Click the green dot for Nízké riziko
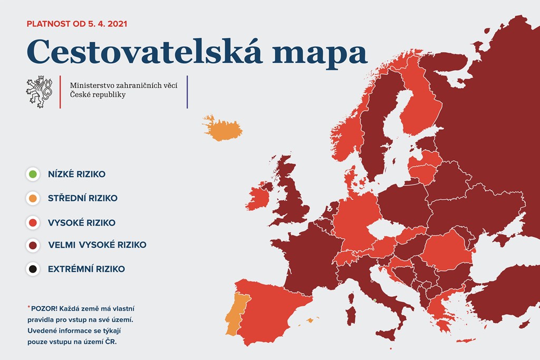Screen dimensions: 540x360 pos(33,174)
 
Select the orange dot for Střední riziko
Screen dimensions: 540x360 pos(33,198)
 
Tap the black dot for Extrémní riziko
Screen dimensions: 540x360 pos(33,269)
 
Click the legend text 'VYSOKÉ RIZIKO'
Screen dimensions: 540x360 pos(82,222)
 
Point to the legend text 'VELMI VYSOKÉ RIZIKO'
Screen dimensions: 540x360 pos(97,245)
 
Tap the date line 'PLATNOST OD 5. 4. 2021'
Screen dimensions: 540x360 pos(77,24)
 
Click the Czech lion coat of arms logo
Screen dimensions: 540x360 pos(39,92)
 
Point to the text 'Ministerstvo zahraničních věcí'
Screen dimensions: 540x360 pos(123,85)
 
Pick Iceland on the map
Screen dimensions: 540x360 pos(223,128)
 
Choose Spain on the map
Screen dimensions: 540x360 pos(272,310)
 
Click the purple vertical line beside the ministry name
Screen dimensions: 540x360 pos(187,92)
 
